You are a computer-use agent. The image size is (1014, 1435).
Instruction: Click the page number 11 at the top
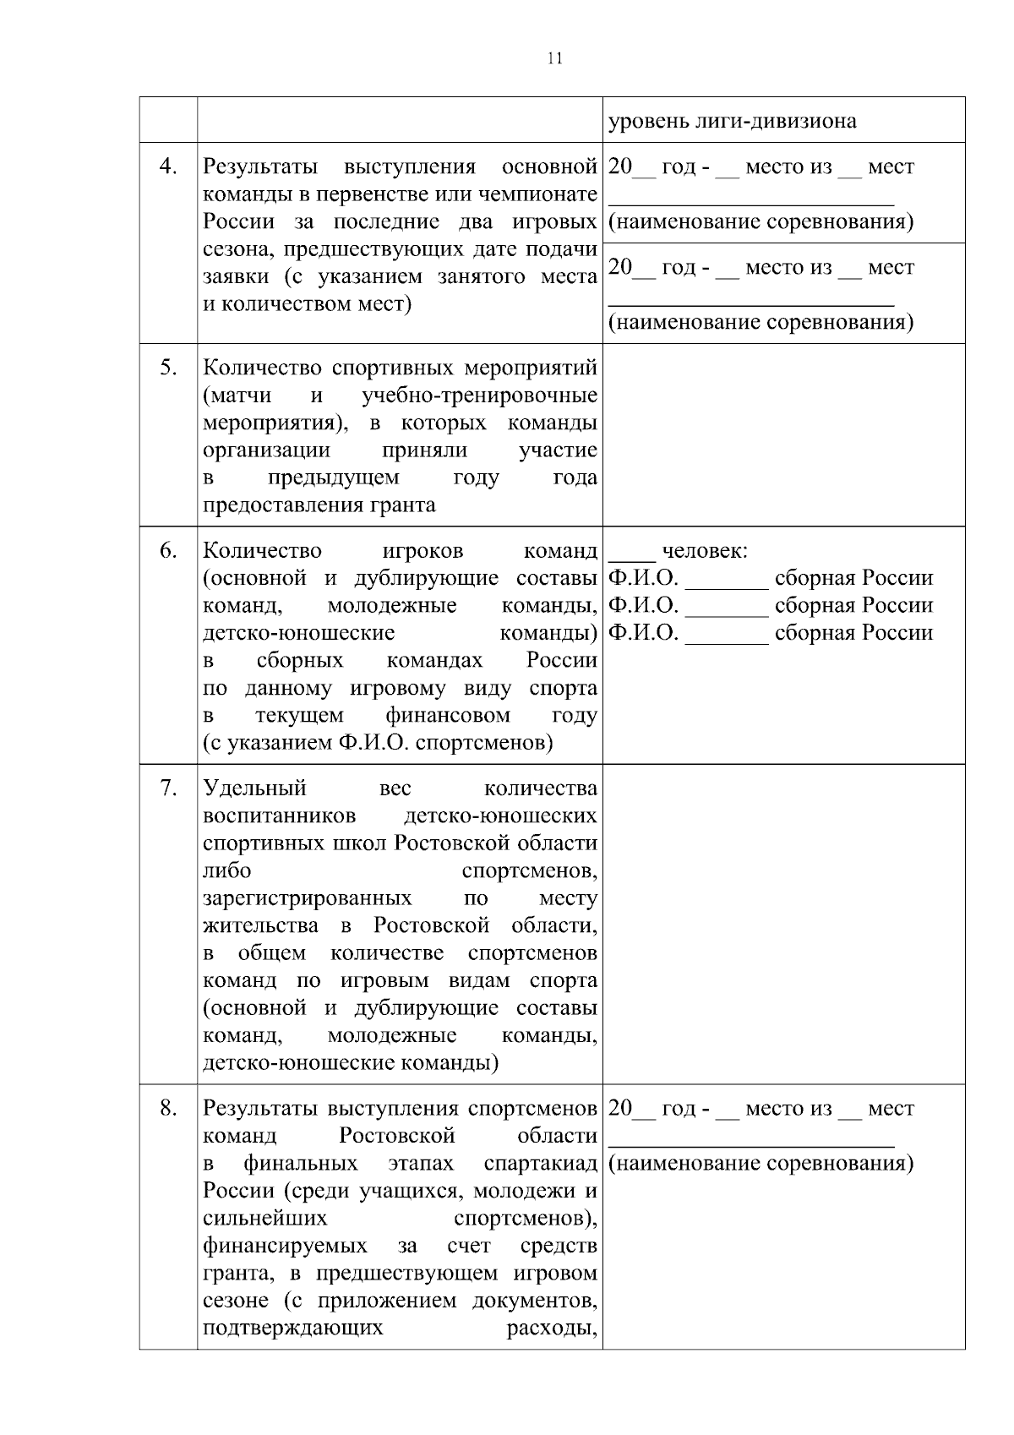pos(554,58)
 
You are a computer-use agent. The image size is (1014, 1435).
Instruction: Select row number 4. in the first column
pos(168,166)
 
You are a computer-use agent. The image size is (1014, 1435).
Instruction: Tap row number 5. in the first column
pos(168,368)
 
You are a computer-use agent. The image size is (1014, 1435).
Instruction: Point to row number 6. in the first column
pos(168,550)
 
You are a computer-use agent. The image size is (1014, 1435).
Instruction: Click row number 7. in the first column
pos(168,788)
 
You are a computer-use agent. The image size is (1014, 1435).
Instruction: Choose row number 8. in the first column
pos(168,1108)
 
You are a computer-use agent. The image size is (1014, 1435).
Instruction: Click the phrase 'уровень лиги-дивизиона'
pos(732,121)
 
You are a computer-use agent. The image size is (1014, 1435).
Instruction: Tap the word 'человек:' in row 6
pos(705,551)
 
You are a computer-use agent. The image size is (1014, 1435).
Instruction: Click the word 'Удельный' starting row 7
pos(254,788)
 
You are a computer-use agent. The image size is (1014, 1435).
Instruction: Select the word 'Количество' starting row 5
pos(262,368)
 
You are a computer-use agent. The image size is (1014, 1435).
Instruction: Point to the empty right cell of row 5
pos(783,434)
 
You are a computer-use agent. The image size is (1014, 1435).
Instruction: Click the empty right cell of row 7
pos(783,924)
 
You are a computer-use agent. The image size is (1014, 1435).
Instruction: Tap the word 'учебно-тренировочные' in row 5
pos(479,396)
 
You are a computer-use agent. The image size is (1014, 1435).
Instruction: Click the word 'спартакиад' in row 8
pos(541,1164)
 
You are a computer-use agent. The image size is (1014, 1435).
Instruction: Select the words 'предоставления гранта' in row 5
pos(319,505)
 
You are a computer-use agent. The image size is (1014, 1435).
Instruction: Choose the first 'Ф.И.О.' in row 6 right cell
pos(643,578)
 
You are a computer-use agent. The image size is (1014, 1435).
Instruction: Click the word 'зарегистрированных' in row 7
pos(308,898)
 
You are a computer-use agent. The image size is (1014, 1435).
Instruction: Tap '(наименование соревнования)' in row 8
pos(760,1164)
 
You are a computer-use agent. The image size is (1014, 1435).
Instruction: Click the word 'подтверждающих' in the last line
pos(293,1328)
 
